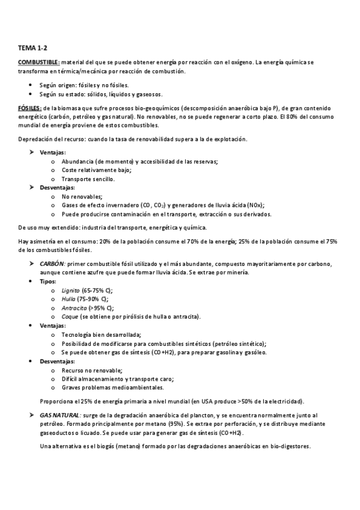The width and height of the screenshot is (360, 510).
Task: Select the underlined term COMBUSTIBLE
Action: click(38, 61)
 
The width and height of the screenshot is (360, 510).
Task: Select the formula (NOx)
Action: click(254, 204)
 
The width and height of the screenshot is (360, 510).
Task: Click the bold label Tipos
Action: click(47, 281)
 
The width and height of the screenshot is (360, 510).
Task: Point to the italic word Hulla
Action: click(69, 298)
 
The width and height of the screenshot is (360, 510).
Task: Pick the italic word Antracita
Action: click(74, 307)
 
